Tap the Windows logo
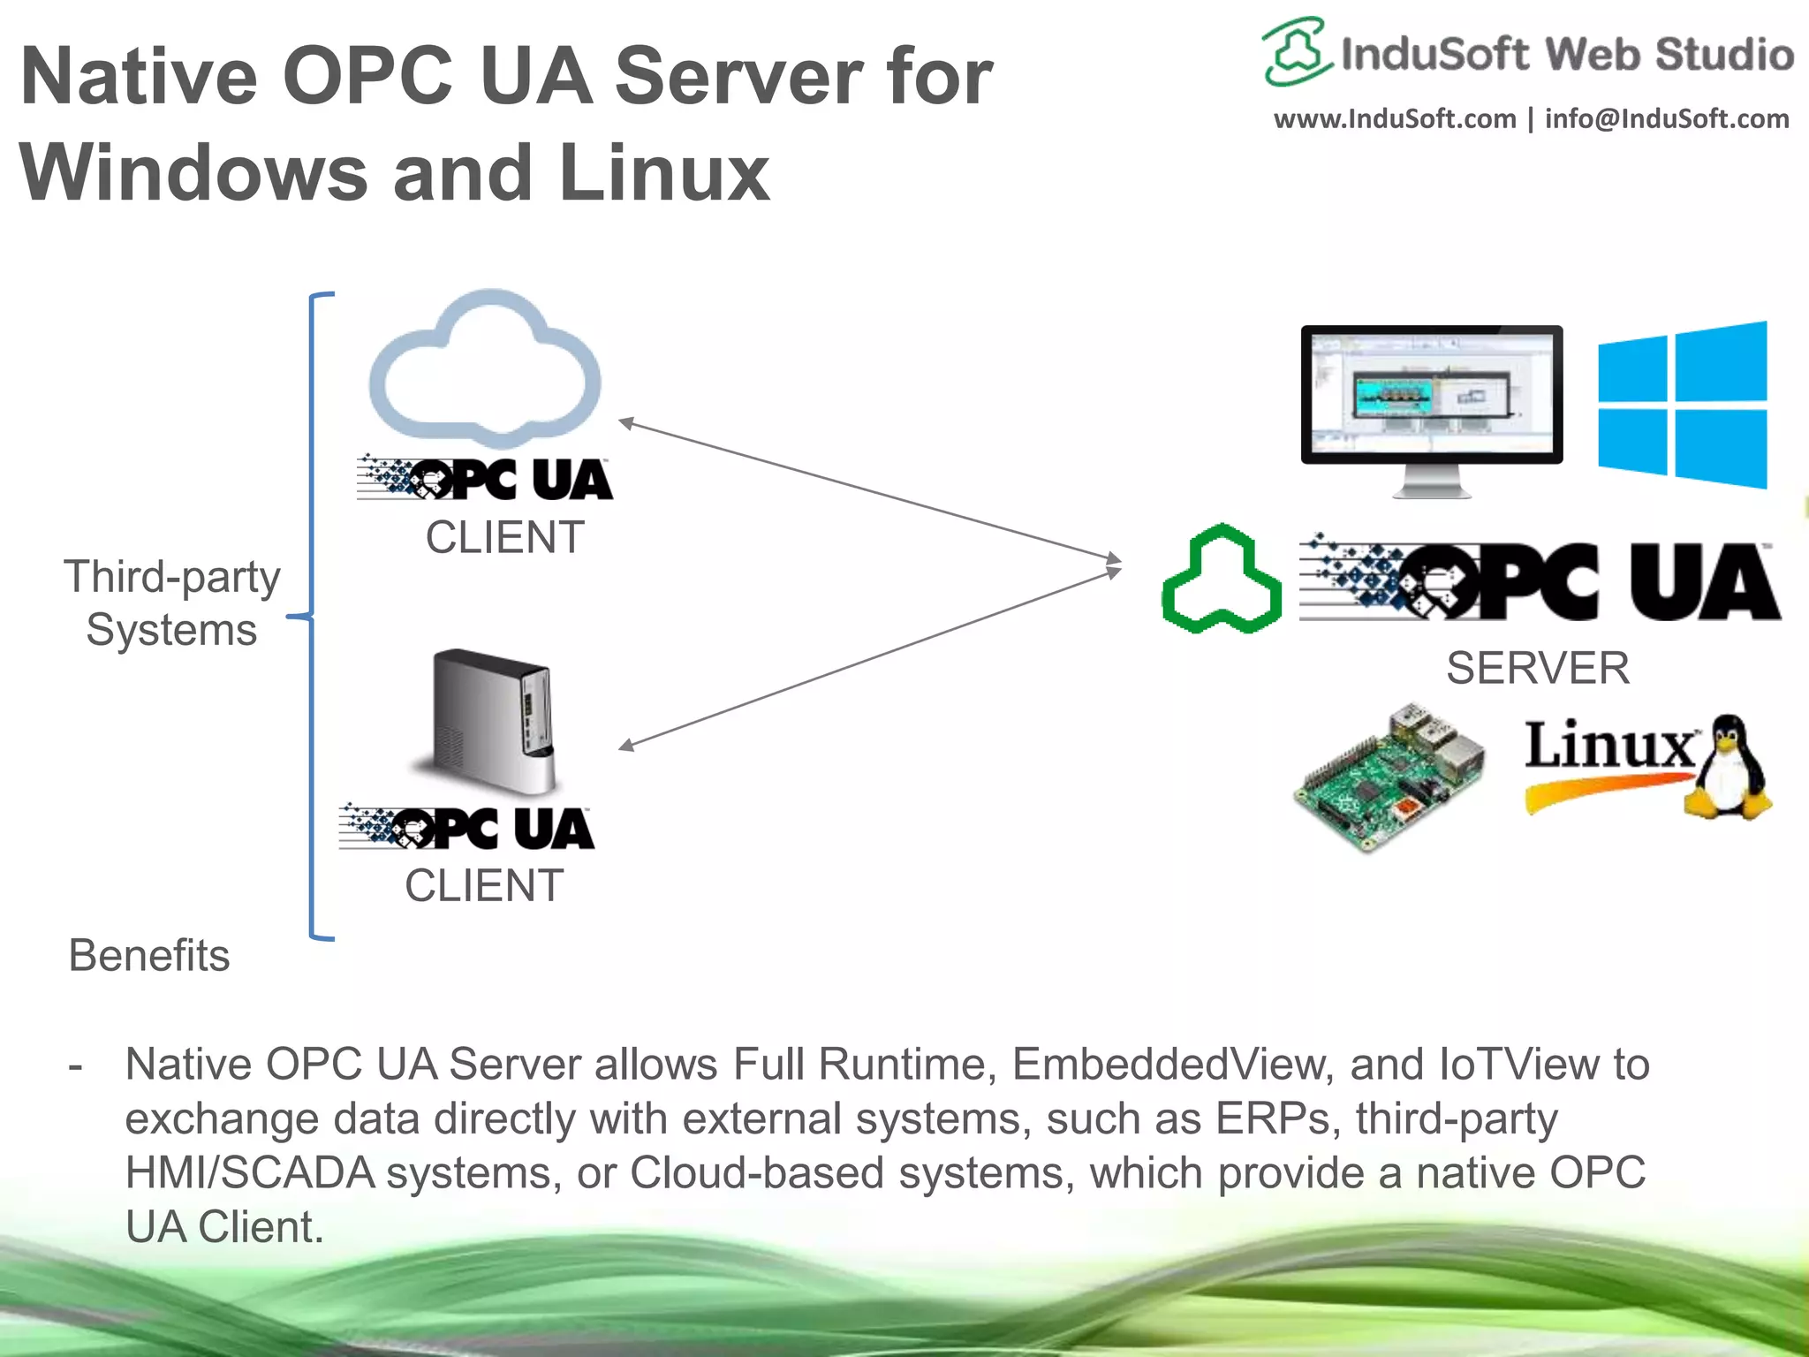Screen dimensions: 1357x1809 point(1682,405)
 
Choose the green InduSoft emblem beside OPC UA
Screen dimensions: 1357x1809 point(1222,580)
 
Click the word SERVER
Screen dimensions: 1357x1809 point(1537,668)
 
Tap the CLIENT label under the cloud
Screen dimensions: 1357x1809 point(504,537)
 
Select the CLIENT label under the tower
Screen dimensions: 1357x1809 point(484,885)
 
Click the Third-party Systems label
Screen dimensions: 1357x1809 point(171,603)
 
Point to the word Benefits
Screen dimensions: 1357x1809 point(149,955)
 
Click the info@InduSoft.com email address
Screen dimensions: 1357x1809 point(1666,119)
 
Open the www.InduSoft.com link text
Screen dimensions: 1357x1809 point(1394,119)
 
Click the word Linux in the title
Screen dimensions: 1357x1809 point(664,172)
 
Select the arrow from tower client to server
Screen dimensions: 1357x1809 point(870,658)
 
